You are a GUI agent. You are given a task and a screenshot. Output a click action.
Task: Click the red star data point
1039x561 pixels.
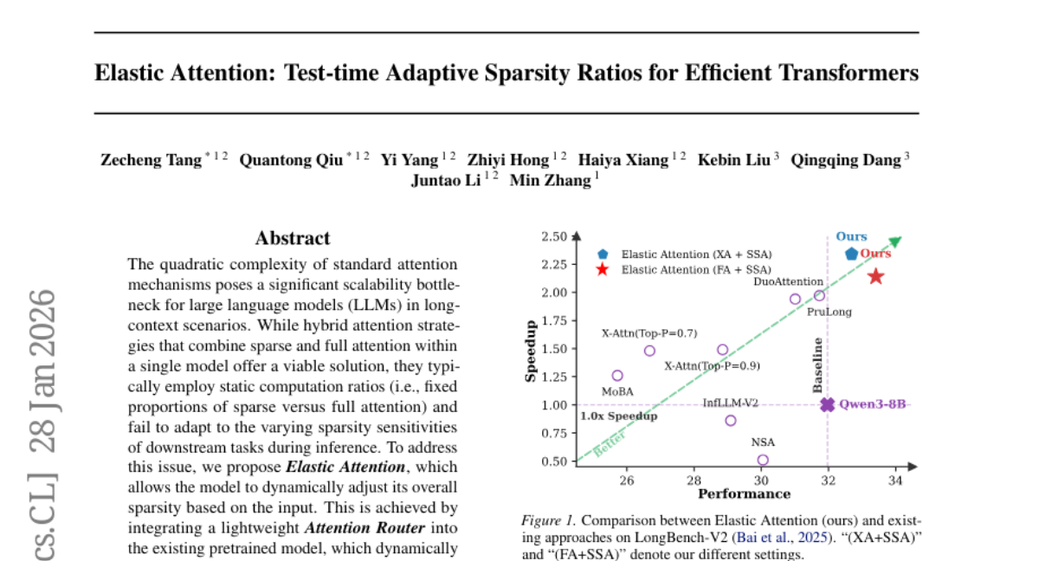pos(875,276)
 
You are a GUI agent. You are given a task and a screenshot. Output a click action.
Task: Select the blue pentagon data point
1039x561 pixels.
pos(851,254)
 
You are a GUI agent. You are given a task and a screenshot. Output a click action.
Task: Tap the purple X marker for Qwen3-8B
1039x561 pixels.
pos(828,404)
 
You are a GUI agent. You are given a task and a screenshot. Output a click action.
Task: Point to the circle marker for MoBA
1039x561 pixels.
pos(617,376)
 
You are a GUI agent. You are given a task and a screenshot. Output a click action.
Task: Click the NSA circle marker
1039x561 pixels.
pos(763,461)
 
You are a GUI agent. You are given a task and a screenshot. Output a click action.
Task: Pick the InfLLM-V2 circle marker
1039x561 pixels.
pos(731,421)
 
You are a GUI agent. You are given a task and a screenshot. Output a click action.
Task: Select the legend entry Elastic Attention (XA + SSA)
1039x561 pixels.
pos(696,255)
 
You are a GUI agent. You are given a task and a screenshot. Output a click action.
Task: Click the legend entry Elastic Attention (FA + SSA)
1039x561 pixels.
pos(695,270)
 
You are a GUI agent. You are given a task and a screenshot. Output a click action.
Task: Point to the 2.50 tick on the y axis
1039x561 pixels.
pos(553,236)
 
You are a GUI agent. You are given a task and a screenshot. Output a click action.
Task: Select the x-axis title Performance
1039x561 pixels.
pos(744,494)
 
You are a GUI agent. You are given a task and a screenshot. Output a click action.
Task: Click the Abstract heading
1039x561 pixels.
pos(293,238)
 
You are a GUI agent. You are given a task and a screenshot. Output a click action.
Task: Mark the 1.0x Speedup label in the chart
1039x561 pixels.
pos(618,416)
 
